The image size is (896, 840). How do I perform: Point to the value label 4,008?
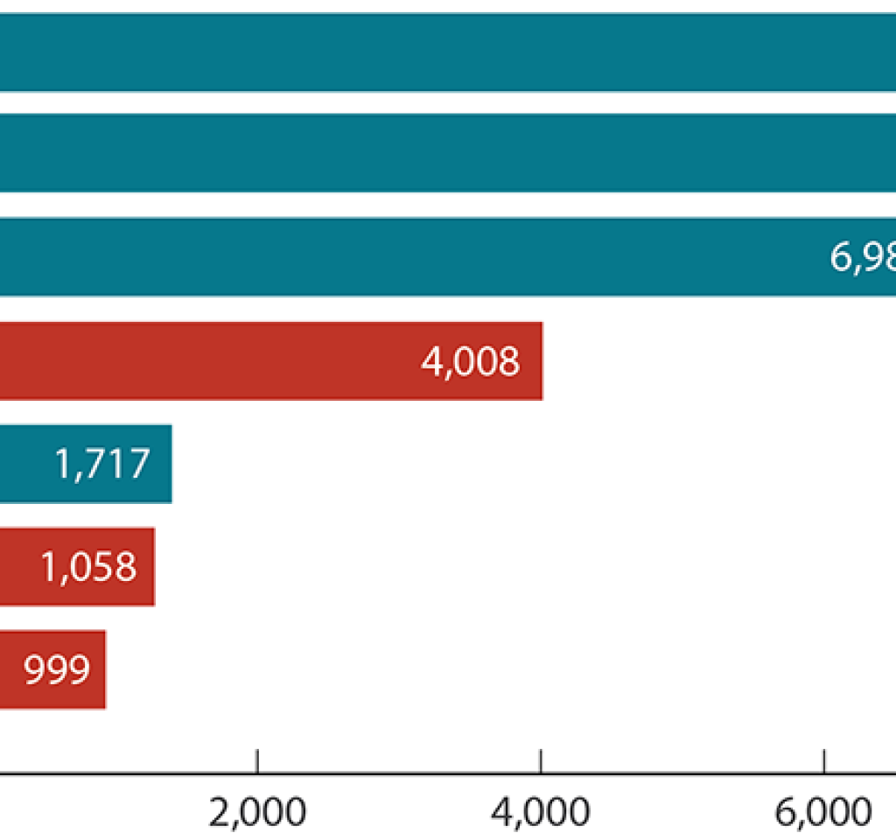point(470,360)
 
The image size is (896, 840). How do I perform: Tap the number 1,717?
point(102,464)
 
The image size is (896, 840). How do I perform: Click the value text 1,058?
point(88,567)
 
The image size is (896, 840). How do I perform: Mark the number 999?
point(57,670)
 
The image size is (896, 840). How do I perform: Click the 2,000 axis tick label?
point(257,813)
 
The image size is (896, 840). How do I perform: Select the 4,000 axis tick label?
point(541,813)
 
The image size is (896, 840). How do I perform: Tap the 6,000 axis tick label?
point(824,813)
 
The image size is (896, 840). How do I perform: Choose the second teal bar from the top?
point(437,153)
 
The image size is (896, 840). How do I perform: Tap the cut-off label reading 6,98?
point(861,257)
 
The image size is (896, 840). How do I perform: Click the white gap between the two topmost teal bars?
point(437,102)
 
